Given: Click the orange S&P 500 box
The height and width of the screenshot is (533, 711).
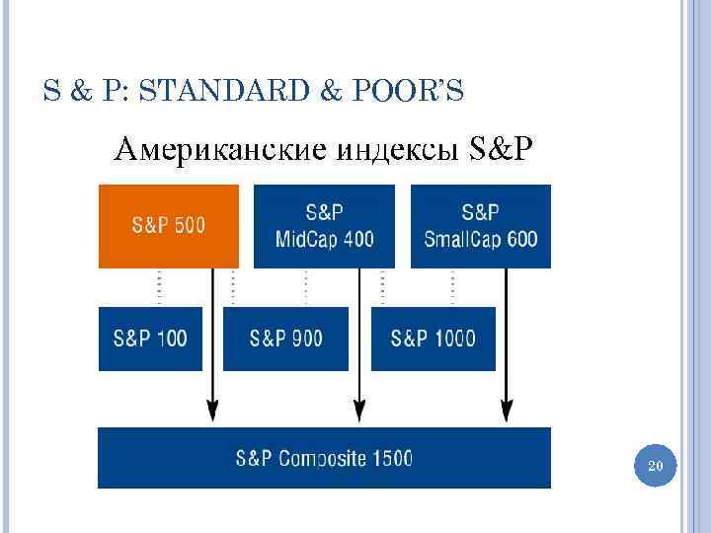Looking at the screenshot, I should (168, 225).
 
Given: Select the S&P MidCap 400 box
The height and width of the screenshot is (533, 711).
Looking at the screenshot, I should (324, 225).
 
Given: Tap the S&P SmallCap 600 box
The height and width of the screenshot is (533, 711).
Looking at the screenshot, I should (481, 225).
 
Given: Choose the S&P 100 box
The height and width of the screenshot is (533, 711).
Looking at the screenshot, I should (150, 339).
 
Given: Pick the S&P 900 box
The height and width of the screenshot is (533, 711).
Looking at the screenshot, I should (285, 339).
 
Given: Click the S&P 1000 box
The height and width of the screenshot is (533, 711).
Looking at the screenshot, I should (433, 339).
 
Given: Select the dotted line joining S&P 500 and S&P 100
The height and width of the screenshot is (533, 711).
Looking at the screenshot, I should (159, 287).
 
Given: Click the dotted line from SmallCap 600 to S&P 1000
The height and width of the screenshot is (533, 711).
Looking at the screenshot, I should (452, 287).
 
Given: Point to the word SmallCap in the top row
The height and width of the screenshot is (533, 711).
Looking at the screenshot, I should (464, 238).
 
